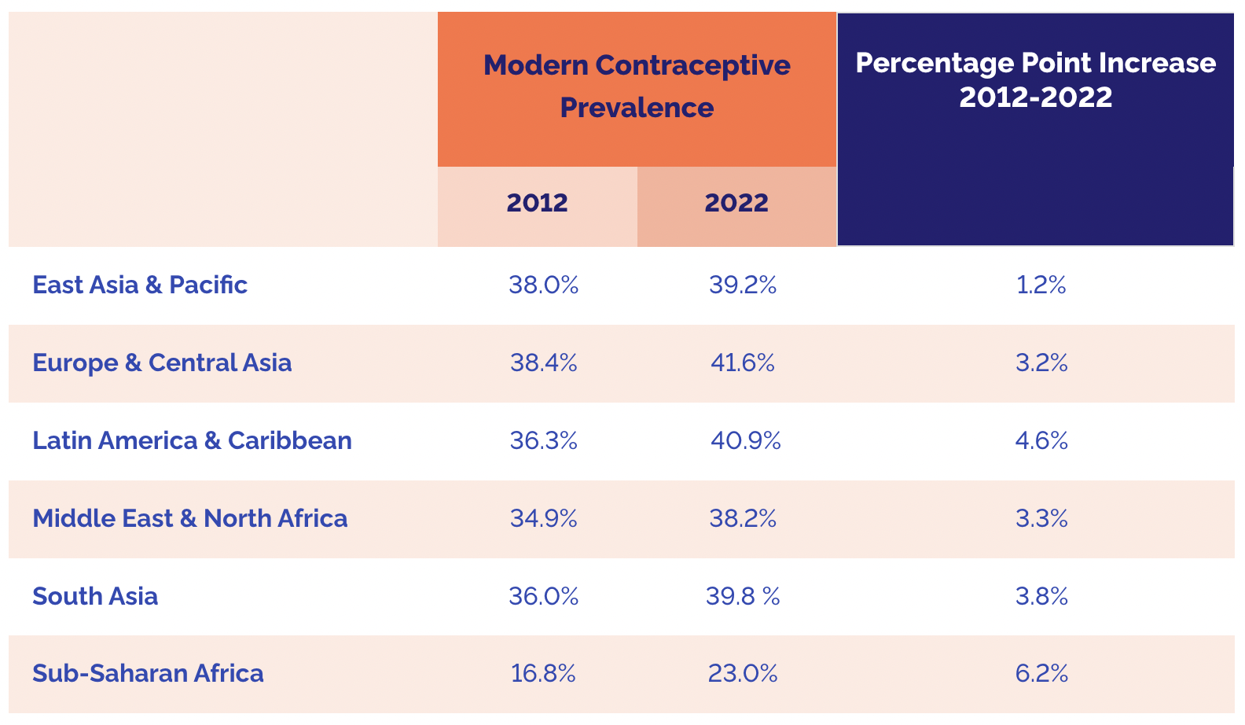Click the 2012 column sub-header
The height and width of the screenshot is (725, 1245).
[537, 203]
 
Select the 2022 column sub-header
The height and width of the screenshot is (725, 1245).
[736, 203]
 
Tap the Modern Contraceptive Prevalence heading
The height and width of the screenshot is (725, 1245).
[637, 86]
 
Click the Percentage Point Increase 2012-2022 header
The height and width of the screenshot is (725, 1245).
[1035, 80]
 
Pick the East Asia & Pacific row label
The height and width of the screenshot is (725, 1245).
[140, 285]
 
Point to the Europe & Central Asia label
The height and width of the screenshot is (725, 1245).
[162, 362]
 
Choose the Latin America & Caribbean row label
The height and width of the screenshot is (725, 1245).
[192, 440]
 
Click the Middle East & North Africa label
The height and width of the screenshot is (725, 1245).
[189, 518]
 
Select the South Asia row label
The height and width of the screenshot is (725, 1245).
[95, 596]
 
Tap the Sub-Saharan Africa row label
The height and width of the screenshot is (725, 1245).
[148, 673]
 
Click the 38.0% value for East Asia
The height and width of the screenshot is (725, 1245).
[543, 285]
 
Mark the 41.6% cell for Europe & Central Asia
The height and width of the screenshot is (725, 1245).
[742, 362]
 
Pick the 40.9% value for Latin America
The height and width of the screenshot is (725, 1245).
[745, 440]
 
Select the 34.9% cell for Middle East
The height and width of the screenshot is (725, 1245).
[543, 518]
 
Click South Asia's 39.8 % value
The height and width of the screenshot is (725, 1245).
[743, 596]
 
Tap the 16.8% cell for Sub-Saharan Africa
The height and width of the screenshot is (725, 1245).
[543, 673]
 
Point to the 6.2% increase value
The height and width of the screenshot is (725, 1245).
[1041, 673]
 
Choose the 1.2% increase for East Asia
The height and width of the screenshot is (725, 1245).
[1041, 285]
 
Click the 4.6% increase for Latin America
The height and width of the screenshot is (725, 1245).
[1041, 440]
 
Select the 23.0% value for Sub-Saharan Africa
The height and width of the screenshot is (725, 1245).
[743, 673]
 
